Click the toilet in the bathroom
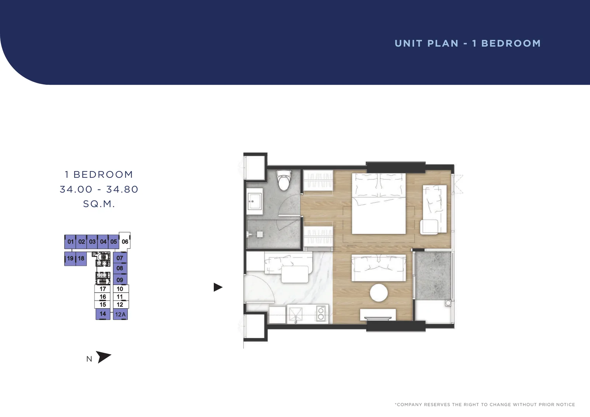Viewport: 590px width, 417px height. pyautogui.click(x=284, y=180)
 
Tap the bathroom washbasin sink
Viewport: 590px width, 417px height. pyautogui.click(x=254, y=202)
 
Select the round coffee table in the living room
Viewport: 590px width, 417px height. pyautogui.click(x=379, y=293)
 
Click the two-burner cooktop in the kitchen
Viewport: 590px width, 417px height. pyautogui.click(x=321, y=313)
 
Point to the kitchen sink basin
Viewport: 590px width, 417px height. pyautogui.click(x=295, y=314)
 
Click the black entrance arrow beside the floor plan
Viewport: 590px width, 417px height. pyautogui.click(x=218, y=287)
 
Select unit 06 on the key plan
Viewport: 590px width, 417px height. pyautogui.click(x=125, y=241)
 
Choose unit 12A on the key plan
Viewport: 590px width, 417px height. pyautogui.click(x=120, y=314)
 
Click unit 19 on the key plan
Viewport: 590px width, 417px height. pyautogui.click(x=70, y=258)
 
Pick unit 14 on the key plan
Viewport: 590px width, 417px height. pyautogui.click(x=103, y=314)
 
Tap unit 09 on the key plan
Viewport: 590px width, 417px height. pyautogui.click(x=120, y=279)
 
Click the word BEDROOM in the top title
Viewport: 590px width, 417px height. pyautogui.click(x=511, y=44)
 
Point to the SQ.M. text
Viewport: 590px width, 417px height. pyautogui.click(x=99, y=204)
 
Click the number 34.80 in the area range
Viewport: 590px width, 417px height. pyautogui.click(x=122, y=189)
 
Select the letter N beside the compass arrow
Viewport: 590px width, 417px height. pyautogui.click(x=89, y=359)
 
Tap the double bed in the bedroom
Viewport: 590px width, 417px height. pyautogui.click(x=379, y=204)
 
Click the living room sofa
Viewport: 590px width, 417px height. pyautogui.click(x=379, y=268)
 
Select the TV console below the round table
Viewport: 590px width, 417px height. pyautogui.click(x=378, y=314)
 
